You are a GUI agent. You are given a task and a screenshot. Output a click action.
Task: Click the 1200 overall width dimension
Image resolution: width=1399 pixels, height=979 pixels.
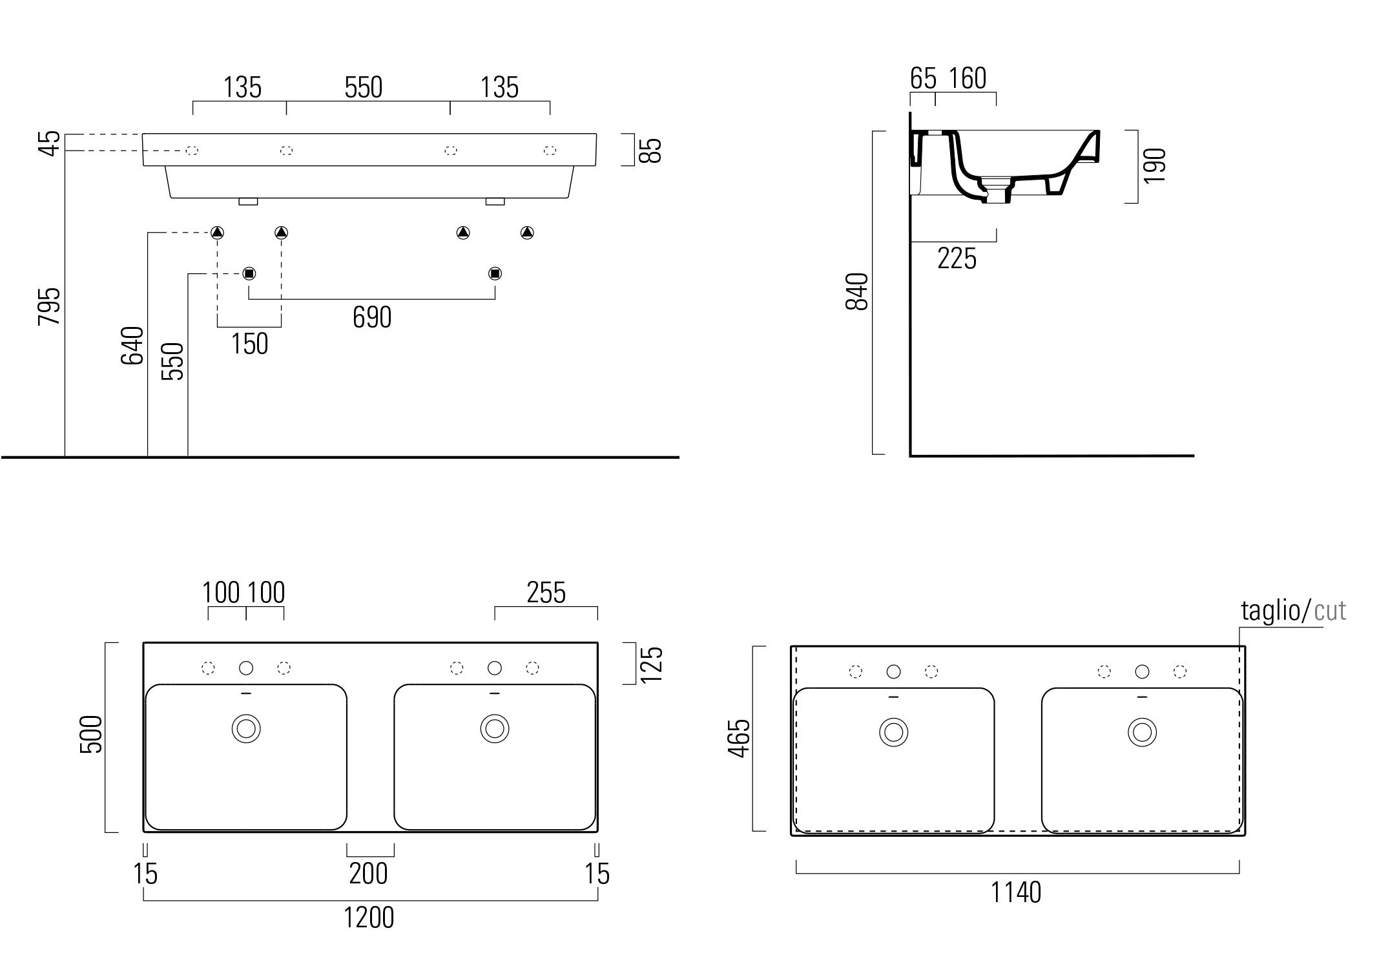pos(369,918)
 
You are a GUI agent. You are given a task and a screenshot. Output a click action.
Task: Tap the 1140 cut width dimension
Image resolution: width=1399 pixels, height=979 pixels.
pos(1016,893)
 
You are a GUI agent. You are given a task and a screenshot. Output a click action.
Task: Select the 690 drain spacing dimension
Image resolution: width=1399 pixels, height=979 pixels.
pos(372,317)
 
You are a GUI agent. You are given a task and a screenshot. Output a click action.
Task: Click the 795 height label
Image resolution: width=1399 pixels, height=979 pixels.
pos(50,306)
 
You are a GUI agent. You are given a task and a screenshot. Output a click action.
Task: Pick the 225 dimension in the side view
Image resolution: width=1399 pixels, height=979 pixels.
pos(957,259)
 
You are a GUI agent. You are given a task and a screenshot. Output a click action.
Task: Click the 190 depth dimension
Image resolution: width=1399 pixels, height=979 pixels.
pos(1155,166)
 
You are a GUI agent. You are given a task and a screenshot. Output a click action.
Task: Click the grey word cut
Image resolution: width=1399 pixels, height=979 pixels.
pos(1331,611)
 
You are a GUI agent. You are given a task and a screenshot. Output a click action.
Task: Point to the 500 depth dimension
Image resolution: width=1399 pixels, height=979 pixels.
pos(91,735)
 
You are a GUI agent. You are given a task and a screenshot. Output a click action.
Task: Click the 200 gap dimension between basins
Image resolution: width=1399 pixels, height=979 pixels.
pos(369,874)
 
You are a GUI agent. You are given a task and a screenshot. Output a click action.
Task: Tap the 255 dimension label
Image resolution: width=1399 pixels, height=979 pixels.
pos(546,593)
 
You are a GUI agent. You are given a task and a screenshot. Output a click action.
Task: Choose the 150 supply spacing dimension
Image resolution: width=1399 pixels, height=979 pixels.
pos(250,344)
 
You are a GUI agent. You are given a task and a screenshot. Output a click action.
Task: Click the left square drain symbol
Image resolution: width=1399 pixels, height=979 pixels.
pos(249,273)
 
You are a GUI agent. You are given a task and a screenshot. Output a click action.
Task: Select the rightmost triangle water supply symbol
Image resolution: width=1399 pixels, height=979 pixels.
pos(527,233)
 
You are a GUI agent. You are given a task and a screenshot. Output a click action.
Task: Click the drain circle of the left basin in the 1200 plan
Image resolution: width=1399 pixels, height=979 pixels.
pos(246,729)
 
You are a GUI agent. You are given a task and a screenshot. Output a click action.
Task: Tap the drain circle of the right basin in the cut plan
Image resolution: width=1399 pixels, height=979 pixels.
pos(1142,732)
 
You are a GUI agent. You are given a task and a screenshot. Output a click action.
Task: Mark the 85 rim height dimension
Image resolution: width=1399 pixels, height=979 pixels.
pos(653,151)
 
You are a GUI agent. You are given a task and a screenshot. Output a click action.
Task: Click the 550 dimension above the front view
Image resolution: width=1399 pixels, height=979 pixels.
pos(364,87)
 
